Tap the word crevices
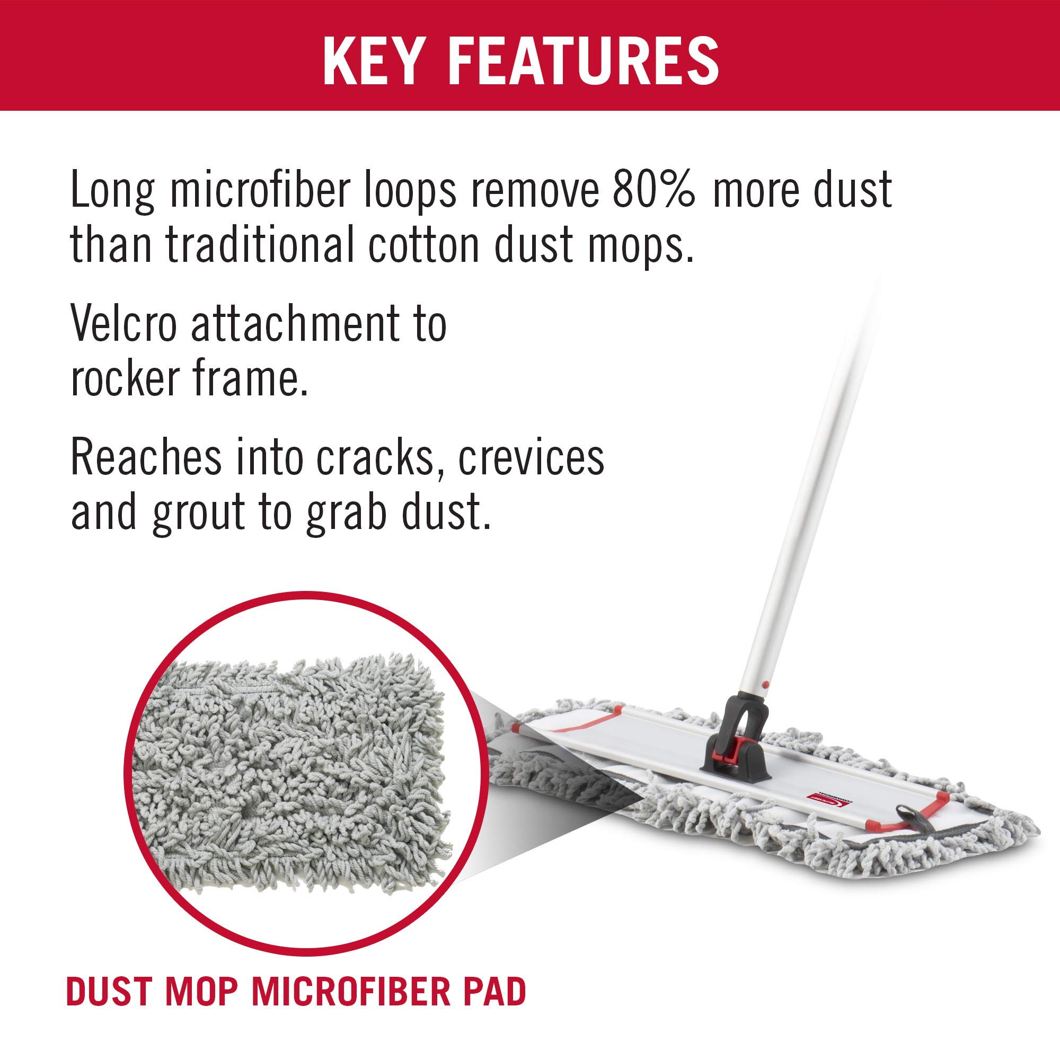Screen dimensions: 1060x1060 [x=531, y=458]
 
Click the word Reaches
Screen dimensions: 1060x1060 [x=146, y=458]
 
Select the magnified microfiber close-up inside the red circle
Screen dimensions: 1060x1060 [x=301, y=766]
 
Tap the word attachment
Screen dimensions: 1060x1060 [x=298, y=325]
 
